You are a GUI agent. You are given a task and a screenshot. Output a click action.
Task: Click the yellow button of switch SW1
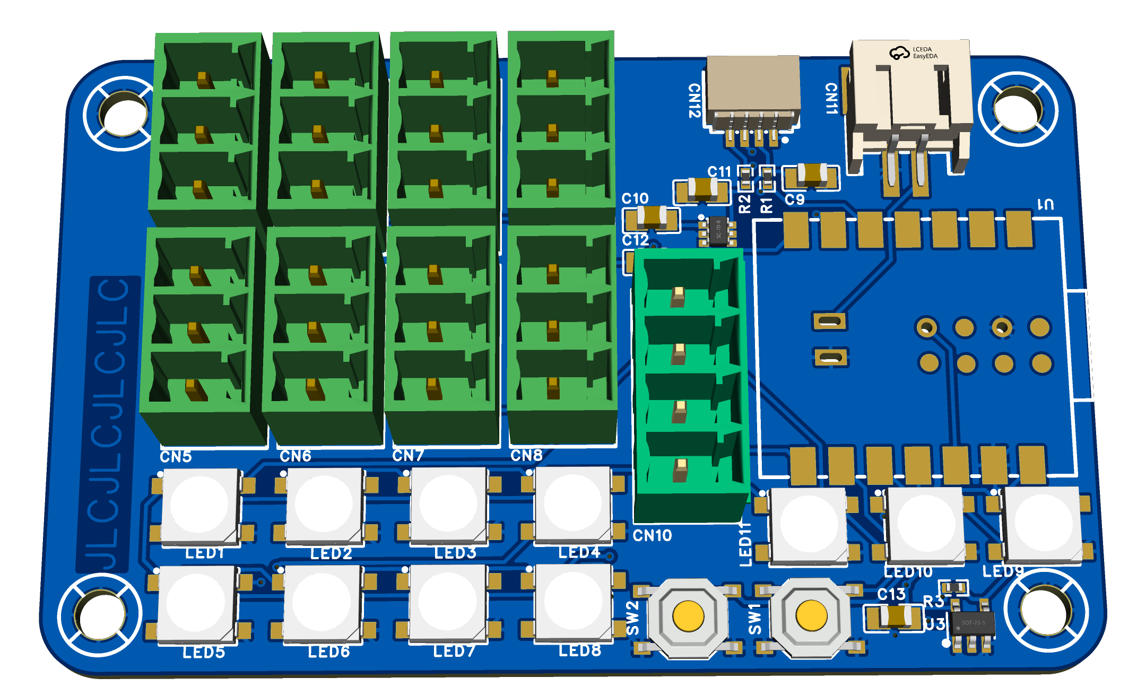tap(811, 616)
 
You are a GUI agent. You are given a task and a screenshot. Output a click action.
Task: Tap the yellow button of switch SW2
tap(688, 616)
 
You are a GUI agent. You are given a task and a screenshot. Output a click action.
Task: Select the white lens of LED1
tap(199, 504)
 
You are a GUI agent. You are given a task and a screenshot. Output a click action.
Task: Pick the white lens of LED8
tap(573, 602)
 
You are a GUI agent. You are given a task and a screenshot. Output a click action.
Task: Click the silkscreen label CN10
tap(652, 535)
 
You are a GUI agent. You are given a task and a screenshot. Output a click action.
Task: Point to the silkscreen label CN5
tap(176, 456)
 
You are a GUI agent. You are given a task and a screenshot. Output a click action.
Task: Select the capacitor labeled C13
tap(896, 616)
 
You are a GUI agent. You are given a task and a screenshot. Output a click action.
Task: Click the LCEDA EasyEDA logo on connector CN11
tap(913, 53)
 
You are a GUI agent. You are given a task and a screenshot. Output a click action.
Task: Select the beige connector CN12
tap(753, 90)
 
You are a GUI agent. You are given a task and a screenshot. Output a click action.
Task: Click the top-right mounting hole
tap(1018, 109)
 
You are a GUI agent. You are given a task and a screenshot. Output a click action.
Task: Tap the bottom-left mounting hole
tap(99, 614)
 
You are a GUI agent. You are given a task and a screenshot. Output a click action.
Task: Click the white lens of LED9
tap(1043, 522)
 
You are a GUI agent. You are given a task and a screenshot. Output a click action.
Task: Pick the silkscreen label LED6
tap(329, 652)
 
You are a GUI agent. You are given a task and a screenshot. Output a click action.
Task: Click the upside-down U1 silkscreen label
tap(1045, 204)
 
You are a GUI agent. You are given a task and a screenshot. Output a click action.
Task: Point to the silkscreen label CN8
tap(526, 455)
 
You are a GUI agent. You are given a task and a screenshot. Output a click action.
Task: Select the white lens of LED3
tap(448, 503)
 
